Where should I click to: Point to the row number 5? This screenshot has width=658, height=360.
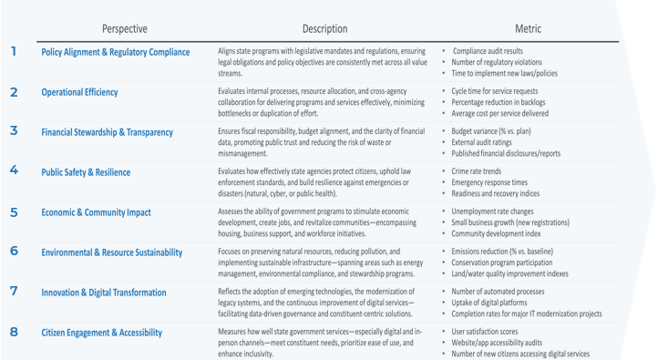point(14,211)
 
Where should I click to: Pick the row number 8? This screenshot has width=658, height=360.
point(14,332)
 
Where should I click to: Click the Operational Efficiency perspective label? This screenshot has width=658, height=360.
point(79,92)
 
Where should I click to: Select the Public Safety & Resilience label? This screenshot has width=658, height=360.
point(86,172)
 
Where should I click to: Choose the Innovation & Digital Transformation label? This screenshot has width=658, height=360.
point(104,293)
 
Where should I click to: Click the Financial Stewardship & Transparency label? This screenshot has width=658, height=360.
point(108,132)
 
